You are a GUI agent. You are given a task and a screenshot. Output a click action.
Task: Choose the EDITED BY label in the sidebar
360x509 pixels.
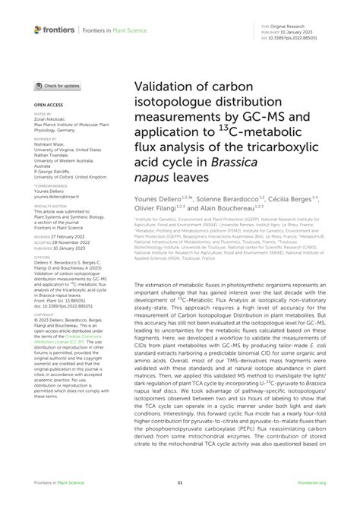click(x=43, y=111)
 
